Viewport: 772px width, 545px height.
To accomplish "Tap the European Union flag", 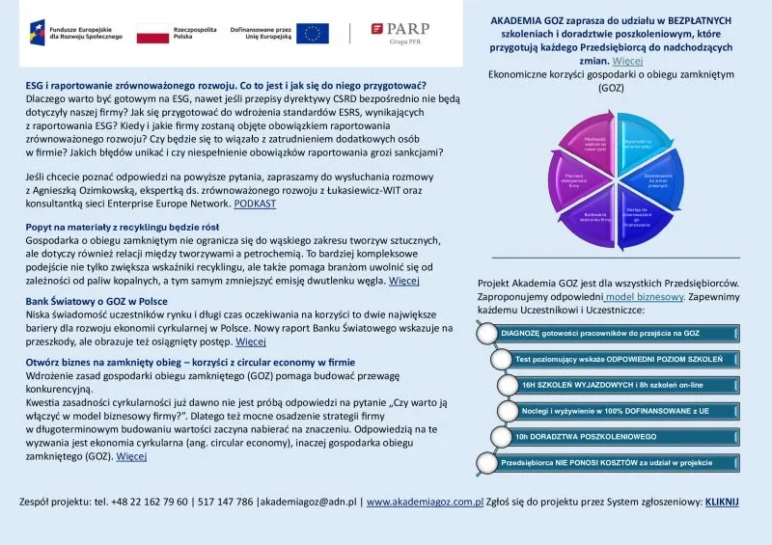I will click(x=312, y=33).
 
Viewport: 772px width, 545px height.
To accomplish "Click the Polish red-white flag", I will click(x=152, y=34).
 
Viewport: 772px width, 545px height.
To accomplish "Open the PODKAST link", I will click(x=255, y=204).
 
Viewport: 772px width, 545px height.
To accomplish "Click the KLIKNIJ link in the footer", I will click(x=722, y=503).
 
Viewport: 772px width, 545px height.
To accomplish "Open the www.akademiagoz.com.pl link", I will click(x=425, y=503).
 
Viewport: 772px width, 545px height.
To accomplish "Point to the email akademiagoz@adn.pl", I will click(x=314, y=503).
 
